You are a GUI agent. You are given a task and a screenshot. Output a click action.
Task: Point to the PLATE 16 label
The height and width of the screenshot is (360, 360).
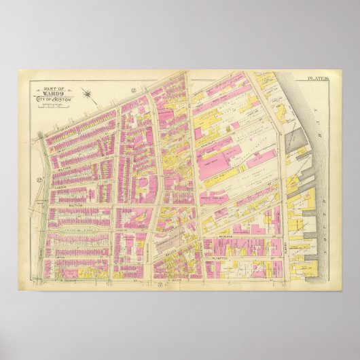coord(317,79)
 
